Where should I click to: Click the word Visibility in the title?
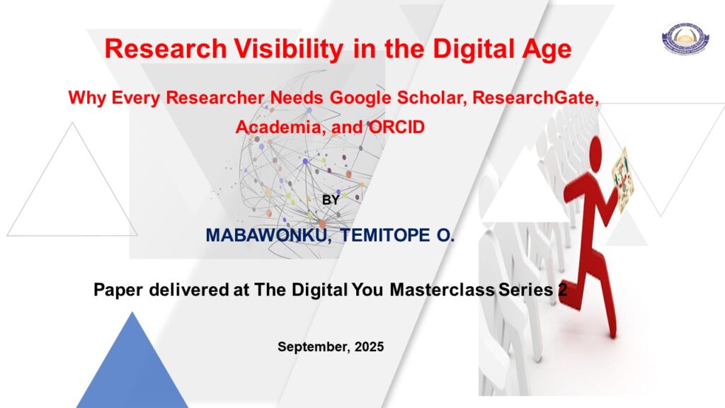tap(289, 48)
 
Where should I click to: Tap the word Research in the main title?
tap(166, 48)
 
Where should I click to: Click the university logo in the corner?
tap(685, 38)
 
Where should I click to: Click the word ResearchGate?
tap(536, 98)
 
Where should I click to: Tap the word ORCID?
tap(396, 127)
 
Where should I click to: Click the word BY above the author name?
tap(331, 200)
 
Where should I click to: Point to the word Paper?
tap(118, 290)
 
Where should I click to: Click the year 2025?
tap(369, 347)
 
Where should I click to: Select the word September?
tap(314, 347)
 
